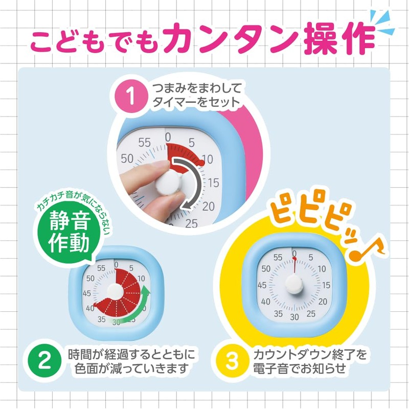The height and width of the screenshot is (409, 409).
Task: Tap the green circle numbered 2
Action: click(45, 361)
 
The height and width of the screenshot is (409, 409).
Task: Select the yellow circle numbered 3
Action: click(232, 361)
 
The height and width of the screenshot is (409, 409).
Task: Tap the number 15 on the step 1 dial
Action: click(213, 182)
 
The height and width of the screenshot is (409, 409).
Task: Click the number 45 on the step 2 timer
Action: click(87, 293)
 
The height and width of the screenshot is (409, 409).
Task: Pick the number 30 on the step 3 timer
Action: click(294, 317)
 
